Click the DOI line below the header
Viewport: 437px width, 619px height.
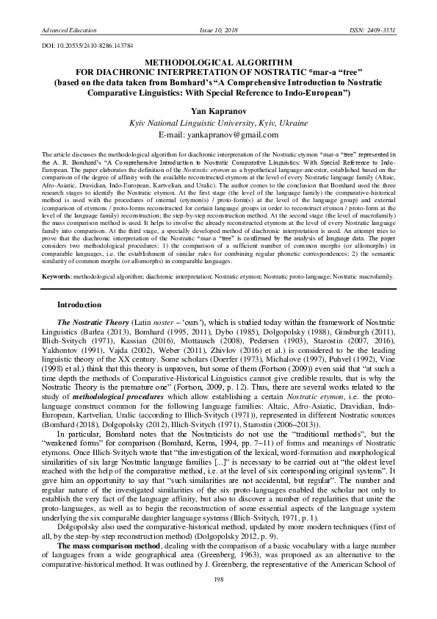click(83, 46)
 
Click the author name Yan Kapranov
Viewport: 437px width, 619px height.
click(218, 109)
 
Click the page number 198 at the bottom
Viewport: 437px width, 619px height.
click(218, 601)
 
